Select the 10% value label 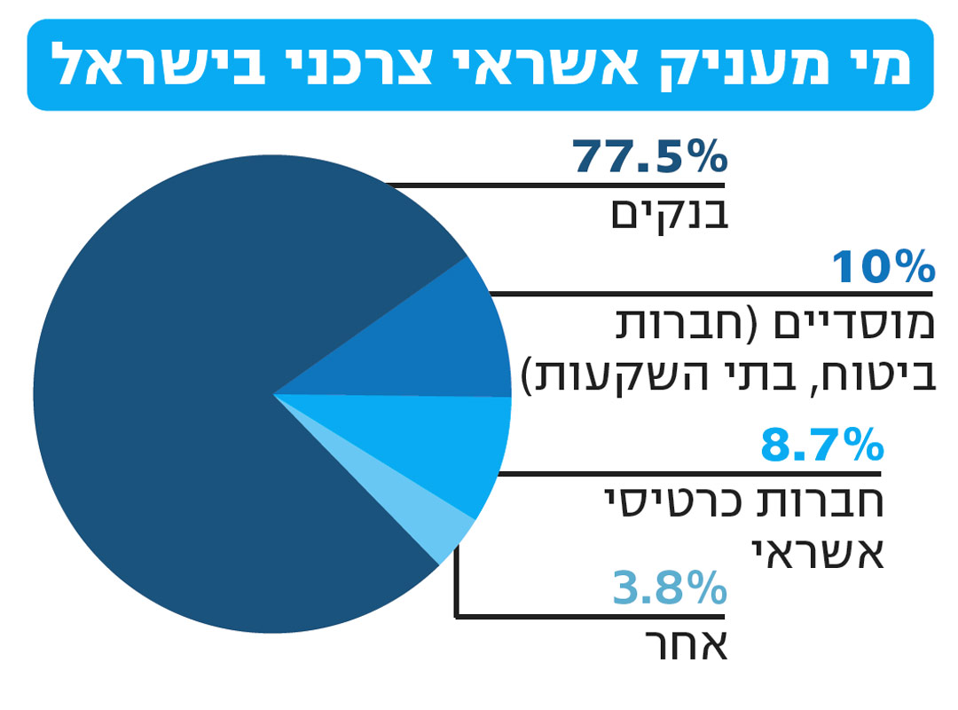(x=883, y=268)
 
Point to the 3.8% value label (x=670, y=588)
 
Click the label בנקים (x=670, y=214)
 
